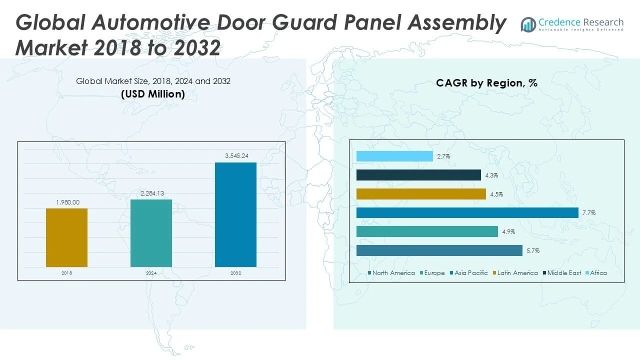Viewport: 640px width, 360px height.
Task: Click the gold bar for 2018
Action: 66,237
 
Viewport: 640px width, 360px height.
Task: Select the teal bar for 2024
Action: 151,233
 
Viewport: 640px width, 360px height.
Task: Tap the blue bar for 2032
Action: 235,214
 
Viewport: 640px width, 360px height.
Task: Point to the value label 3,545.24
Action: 235,156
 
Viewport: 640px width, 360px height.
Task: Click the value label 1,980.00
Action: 66,202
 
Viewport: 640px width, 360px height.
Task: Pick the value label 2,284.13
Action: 151,193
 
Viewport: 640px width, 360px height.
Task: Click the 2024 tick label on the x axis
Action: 151,273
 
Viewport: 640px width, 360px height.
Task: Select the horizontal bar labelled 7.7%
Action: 467,213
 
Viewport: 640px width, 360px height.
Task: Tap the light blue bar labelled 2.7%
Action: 394,156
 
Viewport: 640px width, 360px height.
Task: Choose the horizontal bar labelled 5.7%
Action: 439,250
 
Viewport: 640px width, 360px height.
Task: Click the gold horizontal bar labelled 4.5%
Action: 421,194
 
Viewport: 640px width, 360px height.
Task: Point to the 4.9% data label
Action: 508,232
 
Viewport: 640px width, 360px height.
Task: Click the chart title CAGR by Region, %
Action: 486,83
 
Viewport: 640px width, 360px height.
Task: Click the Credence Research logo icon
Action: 528,24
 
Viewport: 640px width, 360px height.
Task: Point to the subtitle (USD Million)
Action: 153,94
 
